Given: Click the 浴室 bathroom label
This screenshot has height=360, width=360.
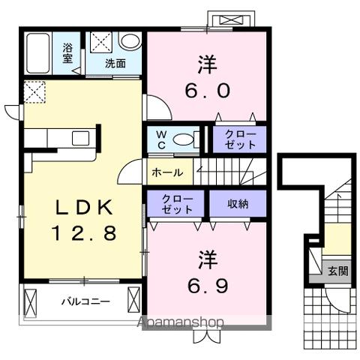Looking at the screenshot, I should click(67, 53).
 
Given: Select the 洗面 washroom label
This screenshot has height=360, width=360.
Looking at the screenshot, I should click(115, 64).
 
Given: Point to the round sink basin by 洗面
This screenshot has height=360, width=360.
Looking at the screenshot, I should click(130, 42).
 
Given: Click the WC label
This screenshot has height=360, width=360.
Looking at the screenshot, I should click(161, 139).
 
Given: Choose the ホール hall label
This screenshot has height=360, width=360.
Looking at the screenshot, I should click(166, 172).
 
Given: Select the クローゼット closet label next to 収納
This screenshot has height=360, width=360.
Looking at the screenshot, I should click(177, 203).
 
